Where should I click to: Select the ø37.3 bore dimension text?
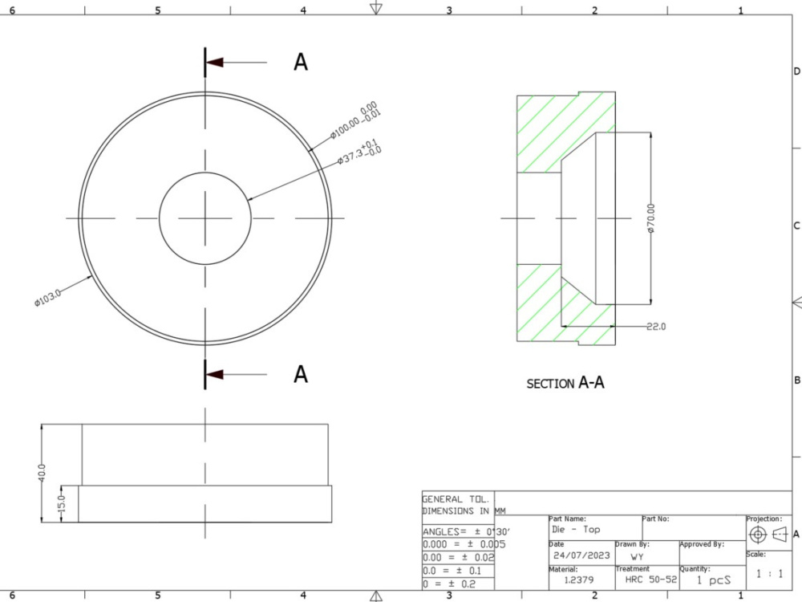(x=358, y=152)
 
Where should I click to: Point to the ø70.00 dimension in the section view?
(x=650, y=218)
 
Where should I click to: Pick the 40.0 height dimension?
(x=42, y=472)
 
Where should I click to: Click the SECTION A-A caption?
(x=565, y=384)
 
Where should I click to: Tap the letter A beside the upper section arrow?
(x=301, y=63)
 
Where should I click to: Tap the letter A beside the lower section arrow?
(x=301, y=374)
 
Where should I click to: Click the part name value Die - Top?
(x=575, y=530)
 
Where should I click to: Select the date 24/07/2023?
(x=581, y=555)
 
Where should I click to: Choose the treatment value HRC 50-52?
(x=646, y=580)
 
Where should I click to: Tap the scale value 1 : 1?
(x=768, y=574)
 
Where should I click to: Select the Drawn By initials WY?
(x=636, y=555)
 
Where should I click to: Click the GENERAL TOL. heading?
(x=455, y=498)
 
